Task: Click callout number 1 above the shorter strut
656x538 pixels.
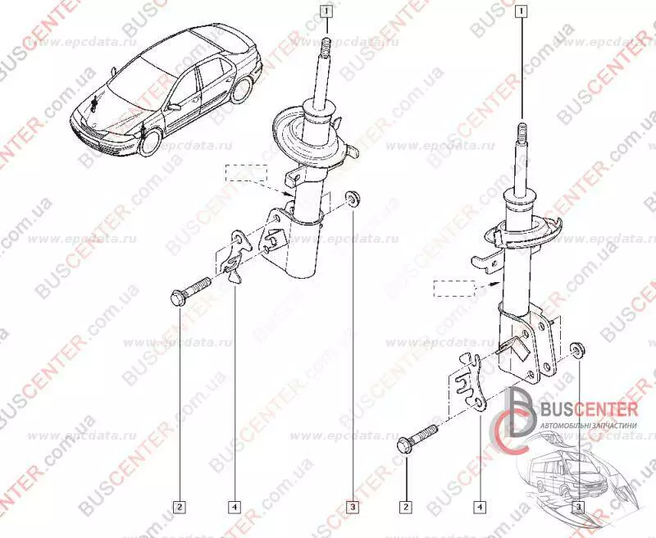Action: pos(326,11)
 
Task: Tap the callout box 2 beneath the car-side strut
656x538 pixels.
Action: pos(180,505)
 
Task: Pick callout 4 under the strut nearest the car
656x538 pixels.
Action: pos(234,505)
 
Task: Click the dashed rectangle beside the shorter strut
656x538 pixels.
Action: pos(247,173)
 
